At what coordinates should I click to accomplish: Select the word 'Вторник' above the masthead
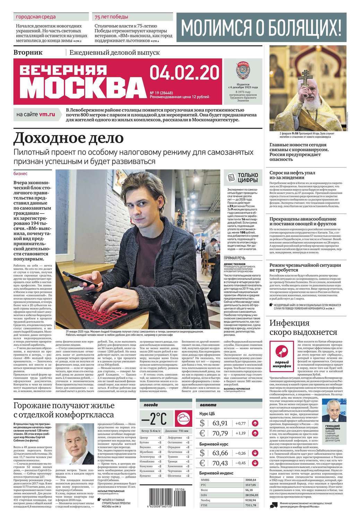[28, 52]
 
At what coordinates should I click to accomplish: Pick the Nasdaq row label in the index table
[205, 500]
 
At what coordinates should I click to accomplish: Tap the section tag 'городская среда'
[36, 17]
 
